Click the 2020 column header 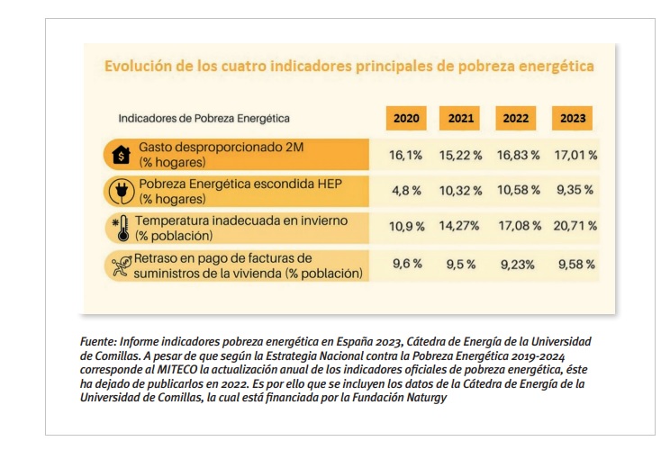406,118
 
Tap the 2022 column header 516,118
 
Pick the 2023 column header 573,118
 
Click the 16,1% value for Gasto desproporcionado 406,155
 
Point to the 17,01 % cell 573,155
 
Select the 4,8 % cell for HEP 406,191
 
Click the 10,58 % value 518,191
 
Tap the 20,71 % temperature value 573,227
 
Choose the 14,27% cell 461,227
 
